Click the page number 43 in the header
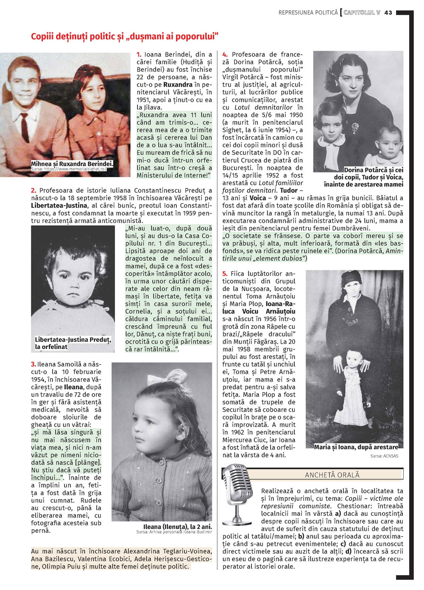(x=388, y=13)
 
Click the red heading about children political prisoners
(x=124, y=37)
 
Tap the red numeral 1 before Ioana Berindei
(x=139, y=54)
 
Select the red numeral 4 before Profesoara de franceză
(x=225, y=54)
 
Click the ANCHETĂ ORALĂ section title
(x=332, y=475)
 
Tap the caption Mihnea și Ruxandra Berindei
(x=72, y=164)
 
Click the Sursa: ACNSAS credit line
(x=384, y=456)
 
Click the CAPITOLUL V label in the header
(x=362, y=13)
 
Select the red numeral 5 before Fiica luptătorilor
(x=225, y=274)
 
